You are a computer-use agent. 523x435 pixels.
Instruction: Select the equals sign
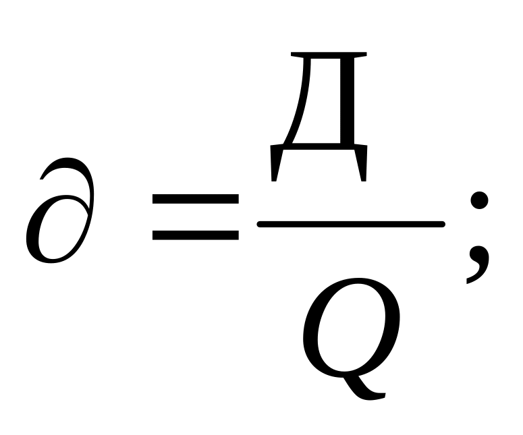coord(194,217)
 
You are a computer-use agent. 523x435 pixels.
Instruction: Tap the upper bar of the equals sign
coord(194,200)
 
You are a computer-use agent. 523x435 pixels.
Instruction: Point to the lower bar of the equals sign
coord(194,235)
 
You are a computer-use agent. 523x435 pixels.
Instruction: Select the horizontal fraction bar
coord(351,223)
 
